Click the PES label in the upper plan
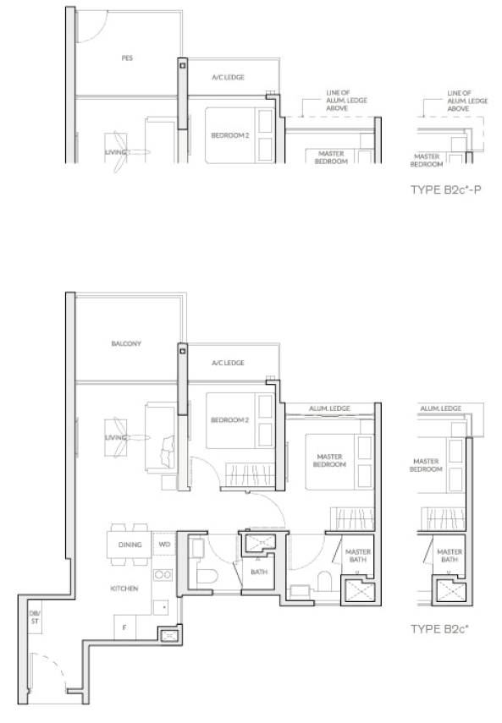pyautogui.click(x=127, y=58)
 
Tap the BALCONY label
pyautogui.click(x=126, y=343)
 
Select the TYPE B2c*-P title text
pyautogui.click(x=446, y=189)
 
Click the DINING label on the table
pyautogui.click(x=130, y=545)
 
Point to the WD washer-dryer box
pyautogui.click(x=164, y=544)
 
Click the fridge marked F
pyautogui.click(x=124, y=627)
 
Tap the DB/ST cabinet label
pyautogui.click(x=35, y=617)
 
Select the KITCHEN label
pyautogui.click(x=124, y=589)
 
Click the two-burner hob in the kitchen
pyautogui.click(x=163, y=574)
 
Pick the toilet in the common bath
pyautogui.click(x=207, y=578)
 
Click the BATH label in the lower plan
pyautogui.click(x=259, y=572)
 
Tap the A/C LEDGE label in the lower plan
pyautogui.click(x=228, y=363)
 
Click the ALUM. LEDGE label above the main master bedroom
pyautogui.click(x=329, y=408)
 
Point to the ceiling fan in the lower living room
pyautogui.click(x=125, y=437)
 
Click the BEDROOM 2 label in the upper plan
pyautogui.click(x=229, y=135)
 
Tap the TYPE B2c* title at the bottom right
pyautogui.click(x=439, y=629)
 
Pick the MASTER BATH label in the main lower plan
pyautogui.click(x=358, y=556)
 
